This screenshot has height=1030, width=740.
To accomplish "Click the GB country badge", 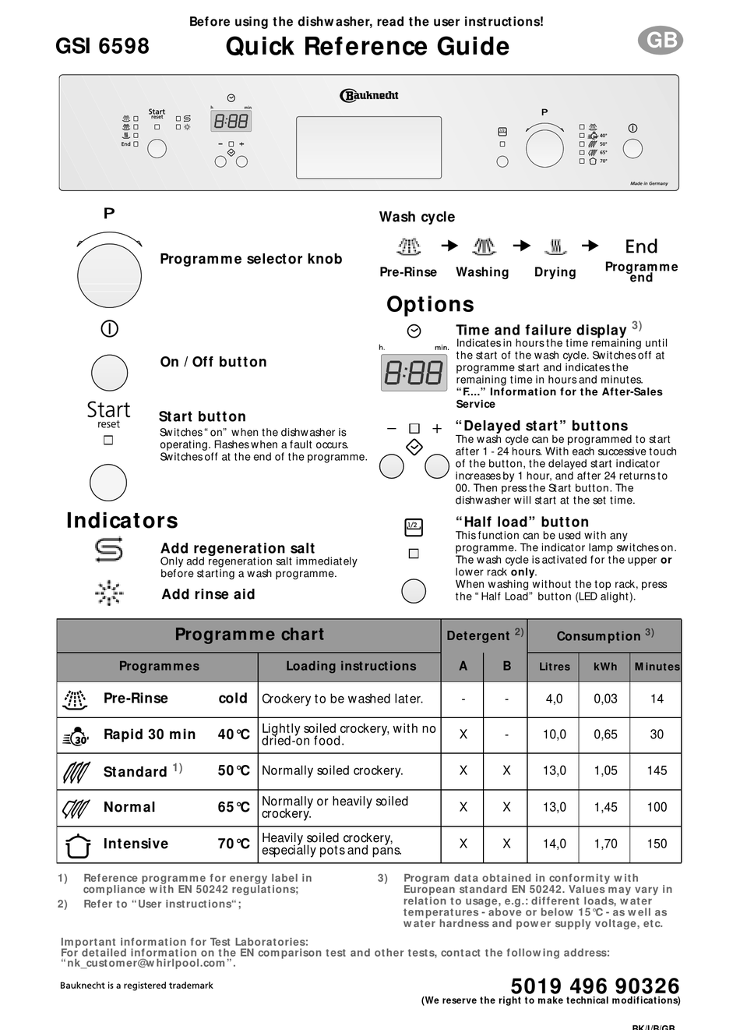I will [x=661, y=41].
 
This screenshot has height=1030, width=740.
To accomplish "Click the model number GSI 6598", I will [x=102, y=46].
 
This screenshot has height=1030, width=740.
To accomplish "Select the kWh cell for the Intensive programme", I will [x=605, y=844].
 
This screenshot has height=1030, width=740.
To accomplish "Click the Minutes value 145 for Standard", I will [x=657, y=770].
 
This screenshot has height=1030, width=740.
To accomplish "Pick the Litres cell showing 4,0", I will [x=554, y=699].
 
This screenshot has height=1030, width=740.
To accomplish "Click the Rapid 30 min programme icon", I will [x=76, y=735].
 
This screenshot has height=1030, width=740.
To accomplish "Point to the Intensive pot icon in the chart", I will [x=76, y=844].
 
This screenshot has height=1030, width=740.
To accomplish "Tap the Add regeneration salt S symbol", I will [x=108, y=550].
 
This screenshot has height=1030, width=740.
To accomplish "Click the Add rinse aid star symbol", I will [x=108, y=593].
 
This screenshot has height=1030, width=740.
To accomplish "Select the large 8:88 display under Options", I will [x=414, y=373].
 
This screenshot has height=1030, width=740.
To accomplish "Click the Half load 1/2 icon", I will [x=414, y=527].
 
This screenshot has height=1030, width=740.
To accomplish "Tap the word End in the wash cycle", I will [x=641, y=246].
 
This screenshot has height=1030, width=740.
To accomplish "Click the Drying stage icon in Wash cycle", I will [x=555, y=247].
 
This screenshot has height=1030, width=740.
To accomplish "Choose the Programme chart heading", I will [x=249, y=635].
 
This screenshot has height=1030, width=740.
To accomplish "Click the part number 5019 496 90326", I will [x=595, y=986].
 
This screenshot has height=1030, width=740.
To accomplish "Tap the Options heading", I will [x=430, y=304].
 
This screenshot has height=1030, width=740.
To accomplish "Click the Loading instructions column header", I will [x=351, y=666].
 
